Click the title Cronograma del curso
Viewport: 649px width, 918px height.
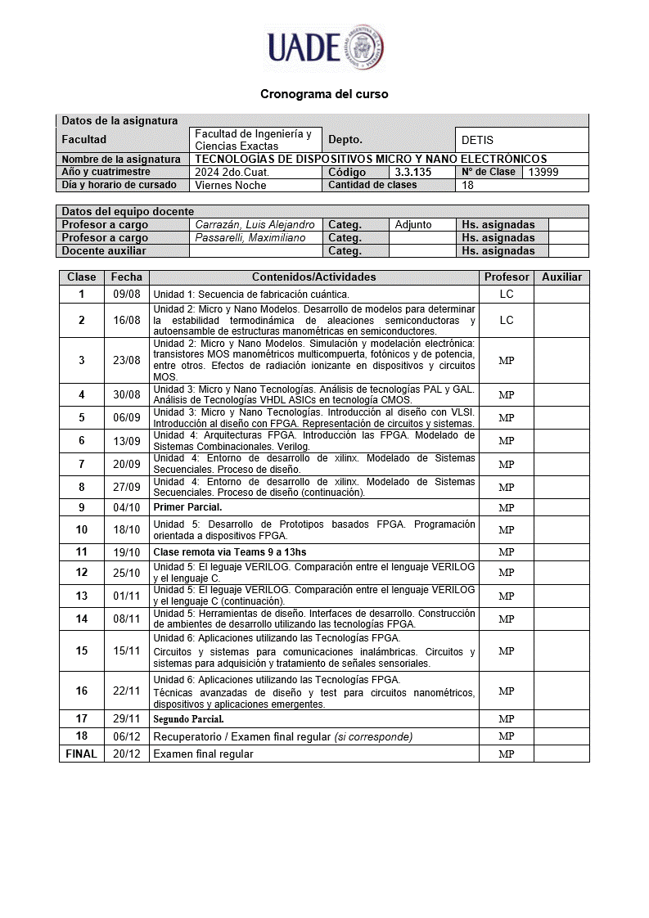point(324,94)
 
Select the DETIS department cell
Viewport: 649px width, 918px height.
point(477,140)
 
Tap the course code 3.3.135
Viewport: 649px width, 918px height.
point(412,172)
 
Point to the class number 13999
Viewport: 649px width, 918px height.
point(543,172)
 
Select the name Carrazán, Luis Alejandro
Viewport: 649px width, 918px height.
point(255,224)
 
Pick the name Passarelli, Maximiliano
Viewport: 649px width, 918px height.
point(250,237)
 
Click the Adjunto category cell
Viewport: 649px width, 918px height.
point(413,224)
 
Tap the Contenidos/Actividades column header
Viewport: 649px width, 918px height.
point(313,277)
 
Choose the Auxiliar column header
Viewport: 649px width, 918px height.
point(561,277)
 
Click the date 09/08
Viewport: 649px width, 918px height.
point(126,294)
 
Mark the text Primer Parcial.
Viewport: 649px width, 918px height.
point(187,507)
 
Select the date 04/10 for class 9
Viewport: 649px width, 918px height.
point(126,507)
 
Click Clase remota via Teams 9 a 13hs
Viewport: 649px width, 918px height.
point(230,551)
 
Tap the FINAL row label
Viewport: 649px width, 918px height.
point(81,754)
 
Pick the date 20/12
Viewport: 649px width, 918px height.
point(126,754)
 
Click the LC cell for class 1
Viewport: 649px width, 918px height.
point(506,294)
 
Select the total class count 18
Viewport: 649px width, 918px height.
point(468,185)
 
